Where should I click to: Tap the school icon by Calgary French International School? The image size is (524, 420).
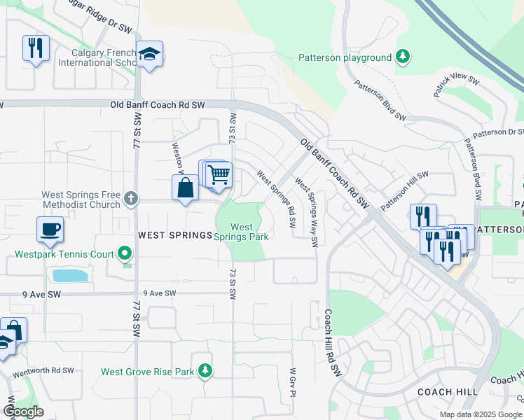(x=149, y=54)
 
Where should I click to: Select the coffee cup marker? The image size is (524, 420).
(x=50, y=229)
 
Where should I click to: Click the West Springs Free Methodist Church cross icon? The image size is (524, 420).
(x=130, y=199)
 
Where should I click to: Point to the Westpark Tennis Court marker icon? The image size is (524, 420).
(x=125, y=252)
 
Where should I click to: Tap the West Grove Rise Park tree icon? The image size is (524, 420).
(x=205, y=370)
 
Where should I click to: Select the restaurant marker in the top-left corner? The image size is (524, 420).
(x=36, y=48)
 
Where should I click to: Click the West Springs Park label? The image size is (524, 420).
(x=242, y=232)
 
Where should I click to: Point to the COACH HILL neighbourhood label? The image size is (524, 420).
(x=447, y=392)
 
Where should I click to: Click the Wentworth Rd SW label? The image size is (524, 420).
(x=43, y=370)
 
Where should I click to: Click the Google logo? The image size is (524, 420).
(x=23, y=412)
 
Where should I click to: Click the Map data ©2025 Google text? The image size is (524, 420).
(x=481, y=414)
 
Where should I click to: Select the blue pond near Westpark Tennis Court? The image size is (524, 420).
(x=70, y=275)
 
